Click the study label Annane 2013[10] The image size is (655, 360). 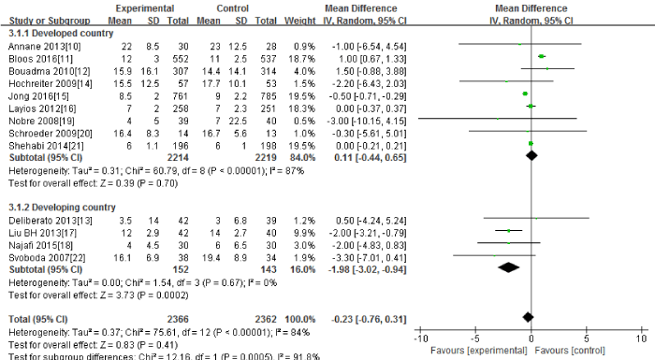(33, 44)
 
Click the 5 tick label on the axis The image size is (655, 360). (586, 338)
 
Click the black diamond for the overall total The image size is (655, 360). (529, 316)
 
